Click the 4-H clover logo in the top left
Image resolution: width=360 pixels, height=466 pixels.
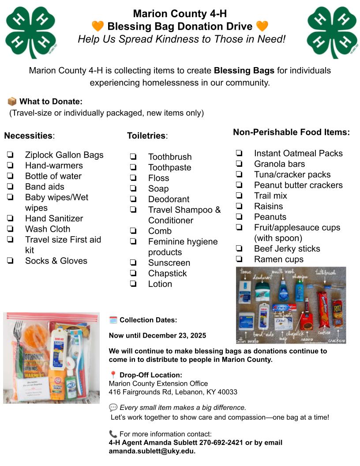point(30,32)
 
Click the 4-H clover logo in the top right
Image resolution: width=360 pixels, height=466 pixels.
point(332,32)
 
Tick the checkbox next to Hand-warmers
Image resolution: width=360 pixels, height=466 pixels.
point(10,165)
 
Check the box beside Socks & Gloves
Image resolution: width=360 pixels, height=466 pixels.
point(10,261)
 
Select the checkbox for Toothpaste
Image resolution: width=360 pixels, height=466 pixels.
point(133,168)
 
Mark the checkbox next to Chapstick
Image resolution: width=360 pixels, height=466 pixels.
point(133,274)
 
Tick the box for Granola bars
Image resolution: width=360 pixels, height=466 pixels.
point(239,164)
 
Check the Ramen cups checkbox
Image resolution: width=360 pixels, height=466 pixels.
point(239,259)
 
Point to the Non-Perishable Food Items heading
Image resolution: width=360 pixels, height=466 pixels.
point(291,132)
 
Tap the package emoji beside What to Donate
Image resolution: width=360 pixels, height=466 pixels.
point(12,102)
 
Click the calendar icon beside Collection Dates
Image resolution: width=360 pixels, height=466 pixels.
point(113,320)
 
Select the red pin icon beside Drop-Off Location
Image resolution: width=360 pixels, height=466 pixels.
point(113,375)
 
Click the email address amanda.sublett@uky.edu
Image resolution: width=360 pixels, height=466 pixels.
point(152,451)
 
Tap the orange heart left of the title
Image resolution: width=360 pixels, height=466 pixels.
point(97,26)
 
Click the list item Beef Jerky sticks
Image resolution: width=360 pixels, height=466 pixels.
point(287,249)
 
